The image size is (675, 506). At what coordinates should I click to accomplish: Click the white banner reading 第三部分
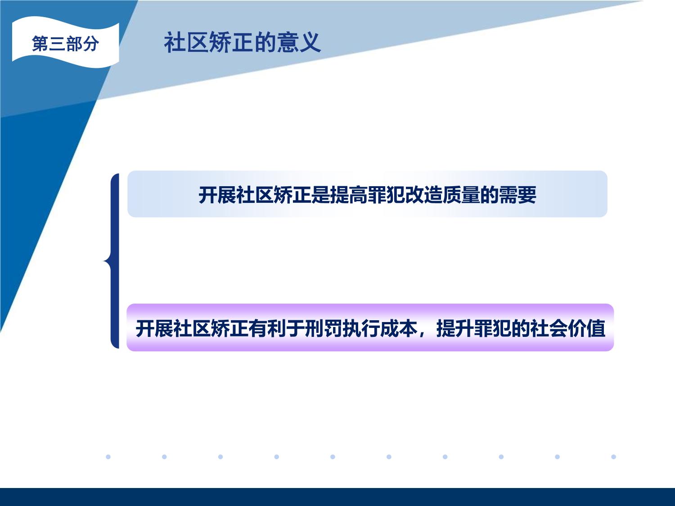click(x=66, y=42)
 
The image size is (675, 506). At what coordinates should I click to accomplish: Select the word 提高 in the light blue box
click(x=348, y=195)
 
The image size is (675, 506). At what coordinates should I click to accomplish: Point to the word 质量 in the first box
click(x=461, y=195)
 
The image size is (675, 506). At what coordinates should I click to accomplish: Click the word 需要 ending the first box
click(x=517, y=195)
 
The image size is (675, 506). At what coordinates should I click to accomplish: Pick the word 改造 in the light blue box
click(x=423, y=195)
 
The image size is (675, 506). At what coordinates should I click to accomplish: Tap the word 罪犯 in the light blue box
click(x=386, y=195)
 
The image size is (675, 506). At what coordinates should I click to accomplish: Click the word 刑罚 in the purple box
click(x=324, y=328)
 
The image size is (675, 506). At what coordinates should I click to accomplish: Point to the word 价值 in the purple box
click(x=586, y=328)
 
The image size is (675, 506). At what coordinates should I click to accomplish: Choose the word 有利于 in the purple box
click(x=276, y=328)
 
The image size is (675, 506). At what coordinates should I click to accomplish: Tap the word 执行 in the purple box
click(x=361, y=328)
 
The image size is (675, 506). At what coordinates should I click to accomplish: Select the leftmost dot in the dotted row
click(x=108, y=457)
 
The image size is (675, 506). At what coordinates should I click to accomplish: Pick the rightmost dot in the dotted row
click(x=613, y=457)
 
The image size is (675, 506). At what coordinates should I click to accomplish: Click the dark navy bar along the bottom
click(x=337, y=497)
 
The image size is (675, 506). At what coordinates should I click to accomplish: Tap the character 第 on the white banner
click(x=40, y=43)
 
